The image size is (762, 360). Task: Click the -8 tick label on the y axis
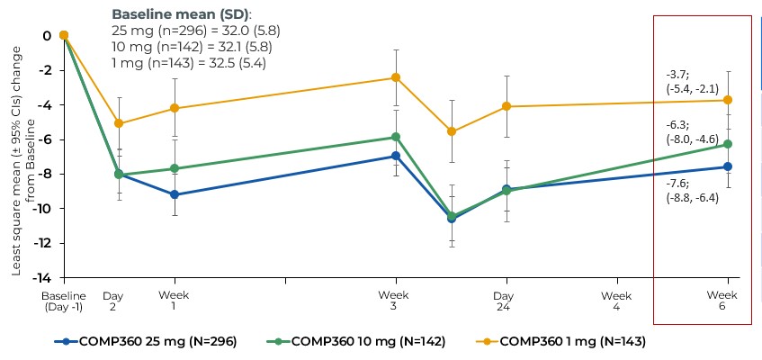(x=46, y=174)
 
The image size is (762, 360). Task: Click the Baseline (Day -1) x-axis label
(x=63, y=301)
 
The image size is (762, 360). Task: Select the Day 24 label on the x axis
(x=505, y=301)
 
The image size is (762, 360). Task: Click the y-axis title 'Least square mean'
(x=20, y=158)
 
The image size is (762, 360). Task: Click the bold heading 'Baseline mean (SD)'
(x=181, y=14)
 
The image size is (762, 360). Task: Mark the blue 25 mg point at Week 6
(x=728, y=166)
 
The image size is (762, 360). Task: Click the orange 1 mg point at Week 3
(x=394, y=77)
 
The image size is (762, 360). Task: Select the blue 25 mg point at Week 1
(x=174, y=194)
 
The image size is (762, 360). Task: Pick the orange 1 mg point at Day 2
(x=119, y=123)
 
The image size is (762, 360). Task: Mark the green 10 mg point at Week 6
(x=728, y=144)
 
